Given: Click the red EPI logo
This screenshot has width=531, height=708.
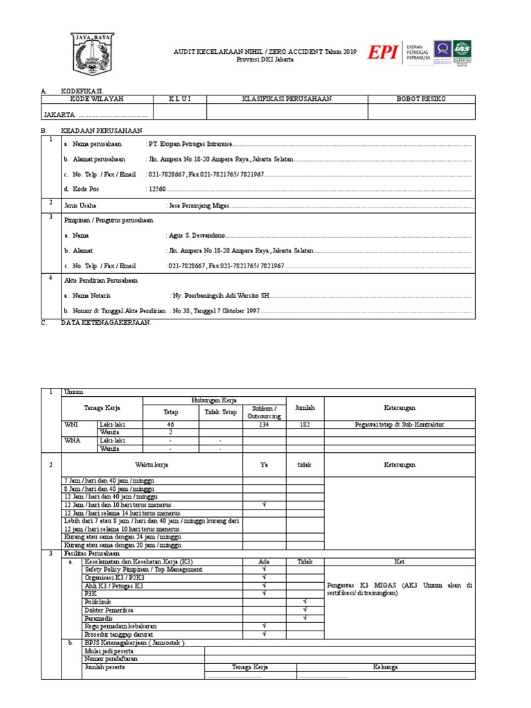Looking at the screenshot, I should point(382,53).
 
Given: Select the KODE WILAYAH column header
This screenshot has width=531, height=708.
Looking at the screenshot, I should point(97,99).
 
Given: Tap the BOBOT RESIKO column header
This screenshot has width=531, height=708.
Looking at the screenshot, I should point(421,99).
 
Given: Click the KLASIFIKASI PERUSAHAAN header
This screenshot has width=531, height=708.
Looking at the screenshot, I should point(287,99).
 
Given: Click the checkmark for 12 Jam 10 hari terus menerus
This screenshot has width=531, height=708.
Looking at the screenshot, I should point(264,505).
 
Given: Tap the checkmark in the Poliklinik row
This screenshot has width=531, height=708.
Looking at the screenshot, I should point(305,602).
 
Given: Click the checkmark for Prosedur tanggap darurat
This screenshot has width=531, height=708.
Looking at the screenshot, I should point(264,633).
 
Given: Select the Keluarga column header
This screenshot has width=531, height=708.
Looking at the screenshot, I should point(386,667).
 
